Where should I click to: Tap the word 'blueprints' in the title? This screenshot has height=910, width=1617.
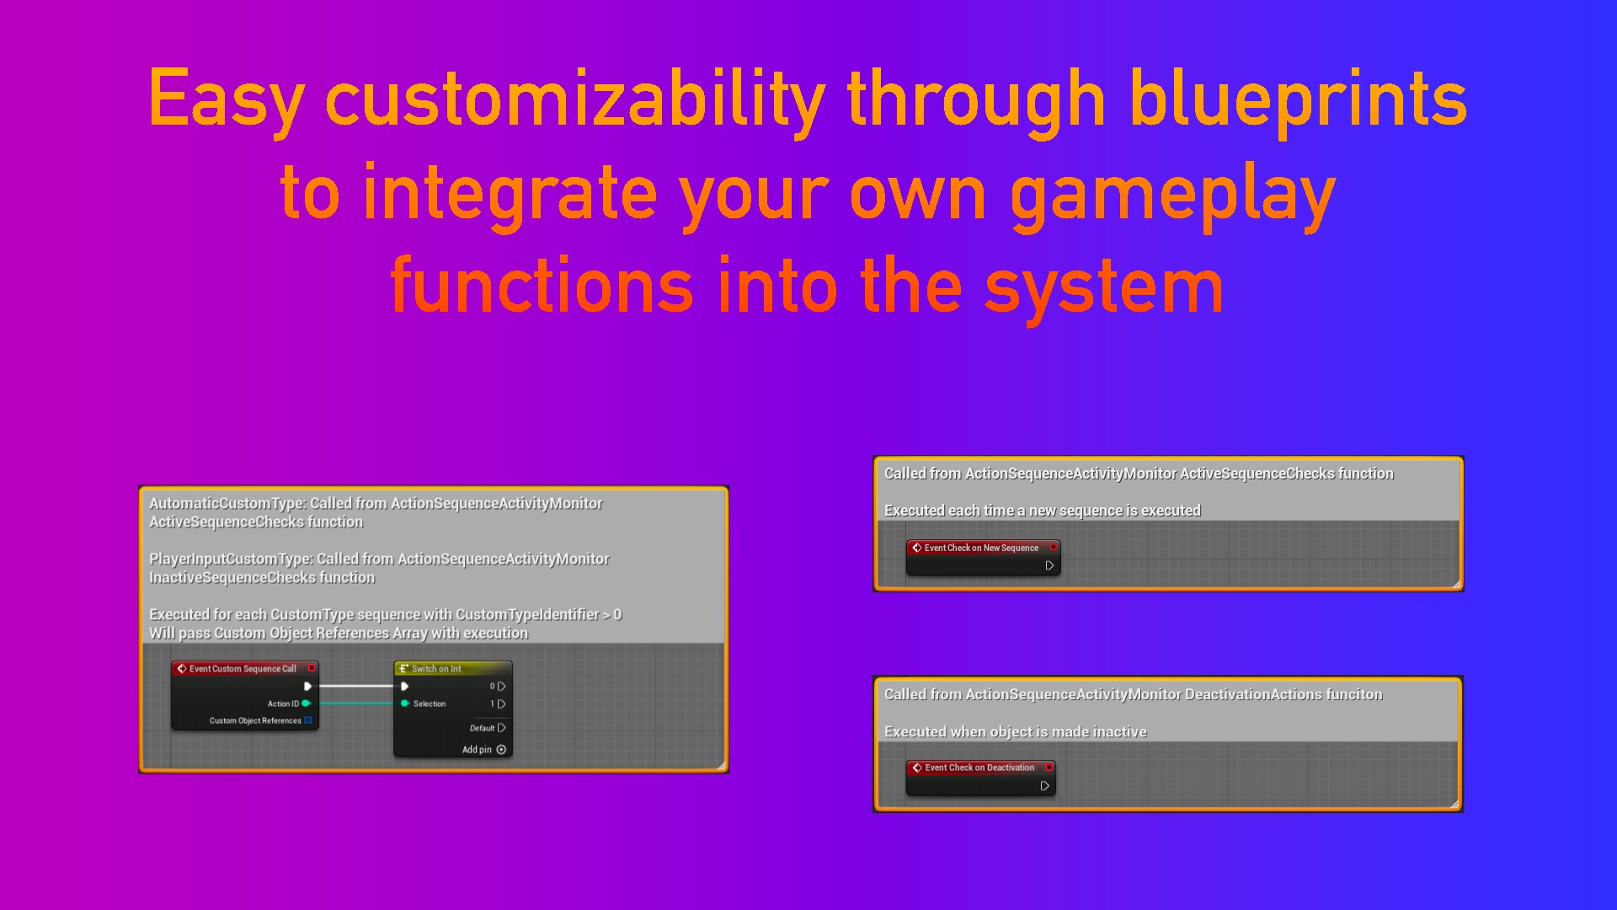point(1297,99)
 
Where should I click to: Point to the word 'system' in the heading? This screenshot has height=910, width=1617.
point(1103,286)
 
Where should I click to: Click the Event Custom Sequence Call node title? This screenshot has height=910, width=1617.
point(243,668)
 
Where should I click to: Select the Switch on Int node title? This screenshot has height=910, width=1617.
point(436,668)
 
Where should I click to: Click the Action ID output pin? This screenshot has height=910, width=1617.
point(307,704)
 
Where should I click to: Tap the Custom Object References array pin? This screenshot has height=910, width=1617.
point(308,720)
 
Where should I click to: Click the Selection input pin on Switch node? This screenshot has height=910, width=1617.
point(405,704)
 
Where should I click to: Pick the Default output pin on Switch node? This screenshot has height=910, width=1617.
point(502,728)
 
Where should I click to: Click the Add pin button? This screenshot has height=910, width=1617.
point(501,750)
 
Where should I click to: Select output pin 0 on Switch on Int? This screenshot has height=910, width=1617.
point(502,686)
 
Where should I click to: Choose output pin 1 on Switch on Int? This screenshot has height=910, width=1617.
point(502,704)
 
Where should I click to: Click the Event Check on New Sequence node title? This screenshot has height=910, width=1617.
point(981,548)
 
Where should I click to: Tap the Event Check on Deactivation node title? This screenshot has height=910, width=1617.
point(979,768)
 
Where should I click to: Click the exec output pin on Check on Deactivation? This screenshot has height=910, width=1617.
point(1044,786)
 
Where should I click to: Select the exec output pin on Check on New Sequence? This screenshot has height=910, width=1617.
point(1049,565)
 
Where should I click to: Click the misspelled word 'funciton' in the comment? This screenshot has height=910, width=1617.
point(1353,694)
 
